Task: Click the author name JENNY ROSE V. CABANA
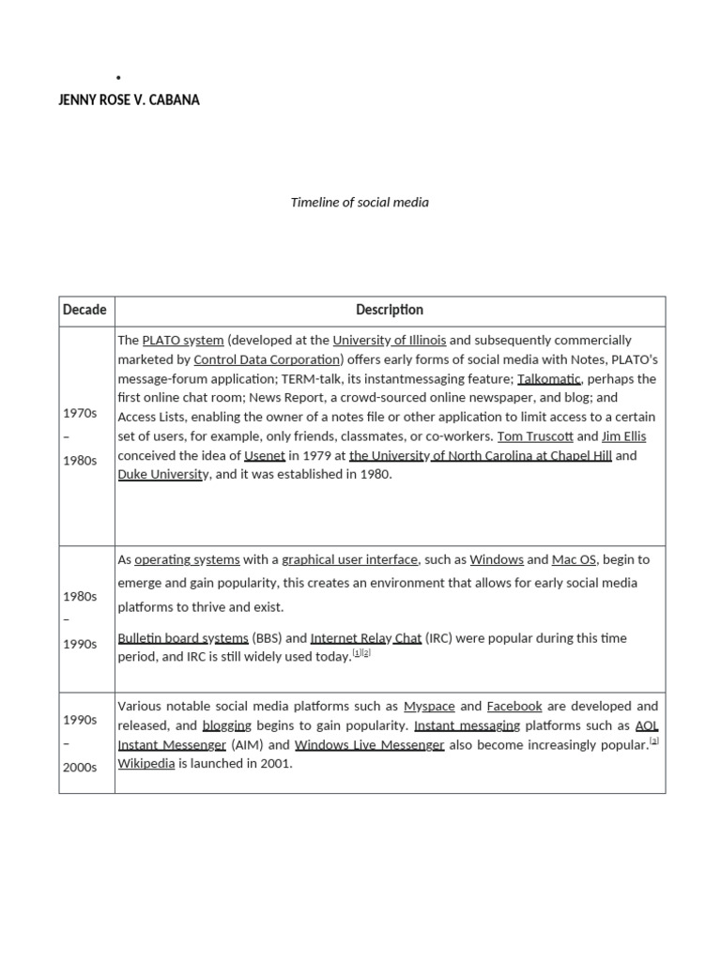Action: click(129, 99)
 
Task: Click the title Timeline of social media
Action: click(360, 202)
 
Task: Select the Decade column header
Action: click(84, 310)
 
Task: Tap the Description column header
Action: click(390, 310)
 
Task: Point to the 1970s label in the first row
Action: click(80, 413)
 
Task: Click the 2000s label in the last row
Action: click(80, 767)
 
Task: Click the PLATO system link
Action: click(183, 340)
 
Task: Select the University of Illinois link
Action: click(390, 340)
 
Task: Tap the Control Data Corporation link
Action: click(266, 359)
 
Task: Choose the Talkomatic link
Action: click(549, 378)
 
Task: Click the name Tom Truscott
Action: click(534, 436)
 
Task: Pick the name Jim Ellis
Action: click(623, 436)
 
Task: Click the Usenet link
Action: click(265, 455)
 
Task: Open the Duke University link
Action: click(163, 474)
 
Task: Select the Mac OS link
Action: click(575, 559)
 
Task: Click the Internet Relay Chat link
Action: click(366, 638)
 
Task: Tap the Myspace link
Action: click(429, 706)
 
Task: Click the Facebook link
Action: click(514, 706)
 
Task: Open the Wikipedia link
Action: click(146, 763)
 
